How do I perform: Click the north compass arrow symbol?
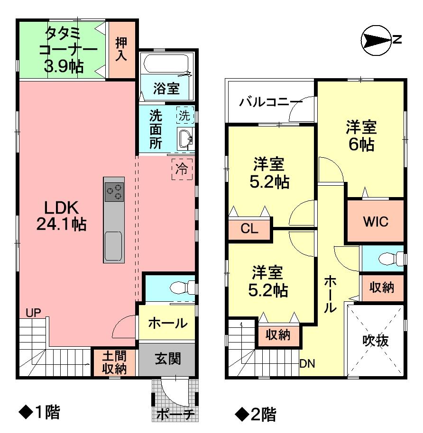point(376,41)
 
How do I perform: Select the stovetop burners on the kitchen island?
point(114,192)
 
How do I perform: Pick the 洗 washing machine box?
point(185,115)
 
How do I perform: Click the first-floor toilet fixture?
point(181,287)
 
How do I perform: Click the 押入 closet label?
point(121,49)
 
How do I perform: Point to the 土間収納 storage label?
point(114,363)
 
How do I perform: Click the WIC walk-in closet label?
point(376,221)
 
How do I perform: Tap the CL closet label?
point(249,229)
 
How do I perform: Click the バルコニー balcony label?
point(270,102)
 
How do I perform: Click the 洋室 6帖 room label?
point(361,135)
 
